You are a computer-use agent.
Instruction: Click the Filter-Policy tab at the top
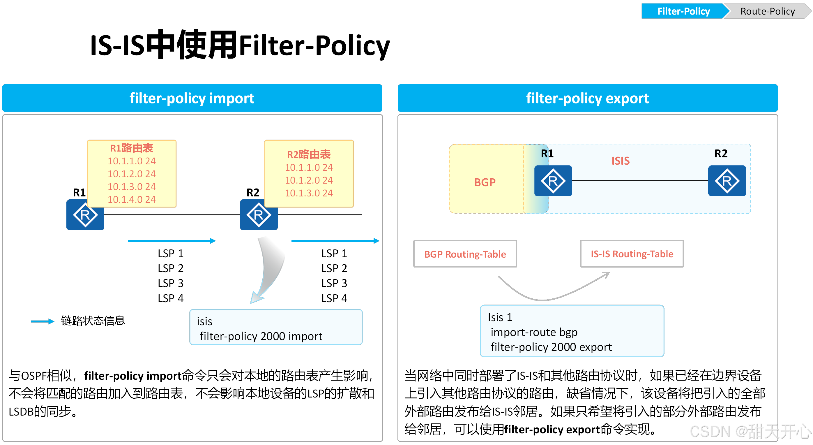683,11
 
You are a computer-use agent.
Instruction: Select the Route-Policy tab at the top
767,11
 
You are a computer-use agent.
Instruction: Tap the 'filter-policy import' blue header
192,98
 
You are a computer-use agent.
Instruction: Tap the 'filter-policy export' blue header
587,98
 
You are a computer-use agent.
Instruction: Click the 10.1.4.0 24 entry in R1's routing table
132,199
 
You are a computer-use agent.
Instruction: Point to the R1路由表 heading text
132,148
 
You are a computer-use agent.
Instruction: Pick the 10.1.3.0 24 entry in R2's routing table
309,193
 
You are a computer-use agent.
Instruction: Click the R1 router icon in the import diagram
85,215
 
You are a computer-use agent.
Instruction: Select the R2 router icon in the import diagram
259,215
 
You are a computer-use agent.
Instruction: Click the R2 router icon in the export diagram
727,181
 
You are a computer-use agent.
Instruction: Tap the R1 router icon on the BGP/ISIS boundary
553,181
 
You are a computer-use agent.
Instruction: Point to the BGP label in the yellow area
485,182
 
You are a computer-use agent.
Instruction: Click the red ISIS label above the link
621,161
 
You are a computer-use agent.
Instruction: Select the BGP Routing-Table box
465,254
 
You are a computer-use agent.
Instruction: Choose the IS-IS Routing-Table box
632,254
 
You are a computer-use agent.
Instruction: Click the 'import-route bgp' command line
534,332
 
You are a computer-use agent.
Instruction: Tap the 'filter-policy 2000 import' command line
261,336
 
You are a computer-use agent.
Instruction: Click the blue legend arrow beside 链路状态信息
43,321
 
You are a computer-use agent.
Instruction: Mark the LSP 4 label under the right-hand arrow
334,298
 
